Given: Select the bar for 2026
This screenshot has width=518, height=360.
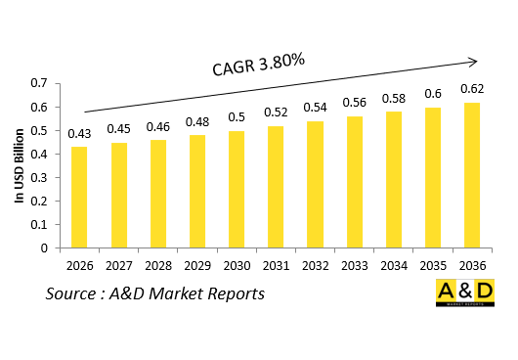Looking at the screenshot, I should tap(79, 198).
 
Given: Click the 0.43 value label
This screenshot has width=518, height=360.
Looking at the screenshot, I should tap(79, 133).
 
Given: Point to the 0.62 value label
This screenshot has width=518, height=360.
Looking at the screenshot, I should tap(472, 88).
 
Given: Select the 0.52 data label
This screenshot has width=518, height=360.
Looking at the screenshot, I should tap(276, 112).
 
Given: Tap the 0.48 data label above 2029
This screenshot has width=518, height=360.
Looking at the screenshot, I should tap(196, 122).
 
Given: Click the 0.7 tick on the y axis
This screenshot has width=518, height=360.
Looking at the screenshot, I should tap(41, 84).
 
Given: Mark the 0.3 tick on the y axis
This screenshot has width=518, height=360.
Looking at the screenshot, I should tap(41, 178).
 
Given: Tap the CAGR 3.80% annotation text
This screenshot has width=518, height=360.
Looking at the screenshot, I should tap(259, 64).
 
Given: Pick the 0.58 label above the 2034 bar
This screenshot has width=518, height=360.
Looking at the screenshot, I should tap(393, 98).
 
